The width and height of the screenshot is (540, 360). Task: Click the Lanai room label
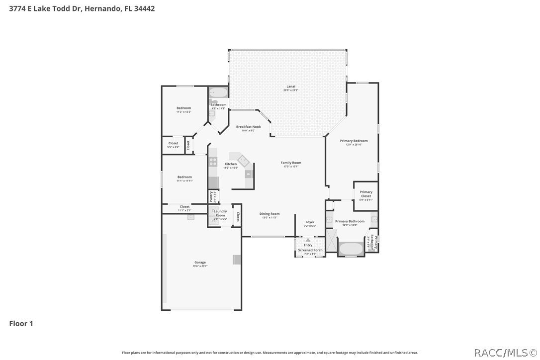(291, 86)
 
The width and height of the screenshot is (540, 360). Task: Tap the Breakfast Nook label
(248, 127)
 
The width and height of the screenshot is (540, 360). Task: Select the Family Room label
(291, 163)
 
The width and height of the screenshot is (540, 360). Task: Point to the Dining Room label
(270, 214)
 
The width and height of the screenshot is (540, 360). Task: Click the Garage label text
(200, 262)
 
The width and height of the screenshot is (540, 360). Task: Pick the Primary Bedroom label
(354, 141)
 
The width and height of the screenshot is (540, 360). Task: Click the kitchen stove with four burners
(213, 161)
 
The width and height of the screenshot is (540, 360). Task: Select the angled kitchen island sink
(243, 160)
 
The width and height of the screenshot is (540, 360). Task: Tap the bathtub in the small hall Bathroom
(218, 93)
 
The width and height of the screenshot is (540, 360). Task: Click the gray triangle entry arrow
(308, 240)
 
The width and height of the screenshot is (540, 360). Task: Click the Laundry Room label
(220, 213)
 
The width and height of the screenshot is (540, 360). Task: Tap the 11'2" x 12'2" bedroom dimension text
(183, 112)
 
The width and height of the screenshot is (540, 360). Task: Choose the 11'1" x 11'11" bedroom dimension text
(184, 181)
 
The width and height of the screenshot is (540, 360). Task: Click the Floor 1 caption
(21, 324)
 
